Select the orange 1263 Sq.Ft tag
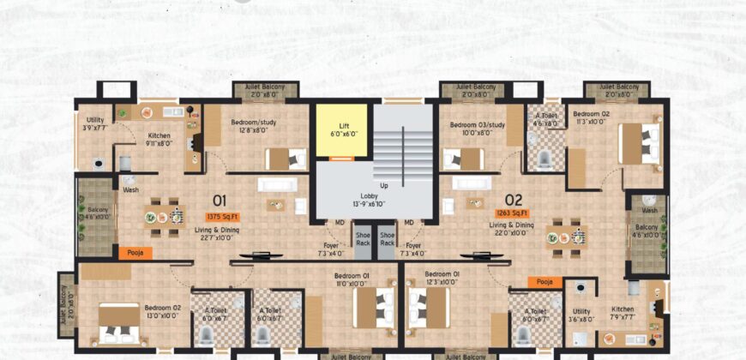coord(512,212)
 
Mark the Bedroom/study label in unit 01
coord(250,127)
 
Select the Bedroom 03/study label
coord(478,129)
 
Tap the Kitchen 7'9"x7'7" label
coord(623,313)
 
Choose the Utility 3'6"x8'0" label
coord(582,316)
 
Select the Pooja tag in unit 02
coord(544,281)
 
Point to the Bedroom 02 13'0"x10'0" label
coord(161,311)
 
